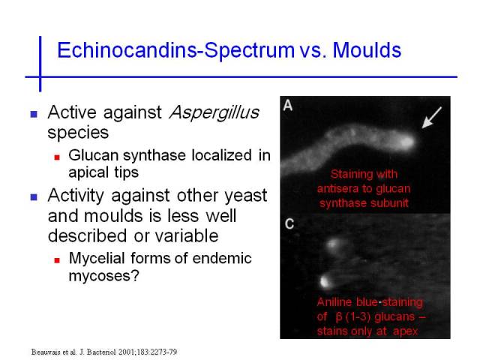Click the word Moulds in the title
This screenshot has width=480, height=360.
367,50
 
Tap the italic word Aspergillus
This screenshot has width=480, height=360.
214,113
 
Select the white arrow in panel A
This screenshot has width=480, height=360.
432,118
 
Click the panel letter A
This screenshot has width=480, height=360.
288,105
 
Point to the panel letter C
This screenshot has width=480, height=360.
289,223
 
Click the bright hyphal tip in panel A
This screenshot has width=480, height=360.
406,141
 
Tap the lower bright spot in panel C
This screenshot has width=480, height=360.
325,281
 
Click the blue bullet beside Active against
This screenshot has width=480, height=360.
34,114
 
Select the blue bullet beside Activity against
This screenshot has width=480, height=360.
34,196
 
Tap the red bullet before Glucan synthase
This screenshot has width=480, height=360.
57,157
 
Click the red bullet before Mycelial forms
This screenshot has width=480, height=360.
57,260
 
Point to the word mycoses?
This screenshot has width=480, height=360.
104,276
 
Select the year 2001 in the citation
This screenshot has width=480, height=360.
126,352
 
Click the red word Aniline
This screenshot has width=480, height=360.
334,302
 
